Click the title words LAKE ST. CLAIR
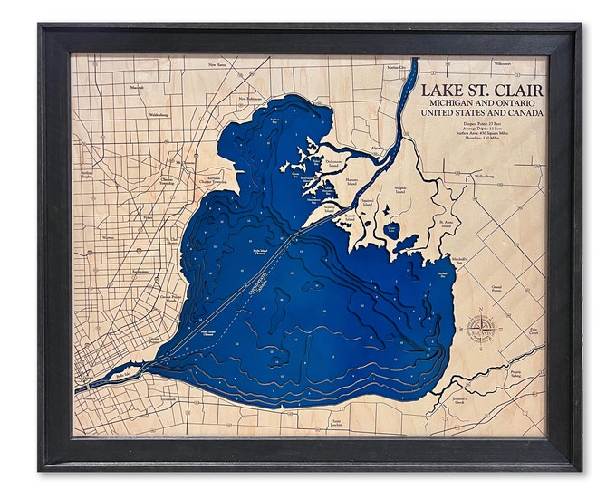[x=480, y=91]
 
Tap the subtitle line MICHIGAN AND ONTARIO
[x=480, y=105]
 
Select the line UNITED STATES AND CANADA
[x=480, y=115]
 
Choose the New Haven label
[x=217, y=65]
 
